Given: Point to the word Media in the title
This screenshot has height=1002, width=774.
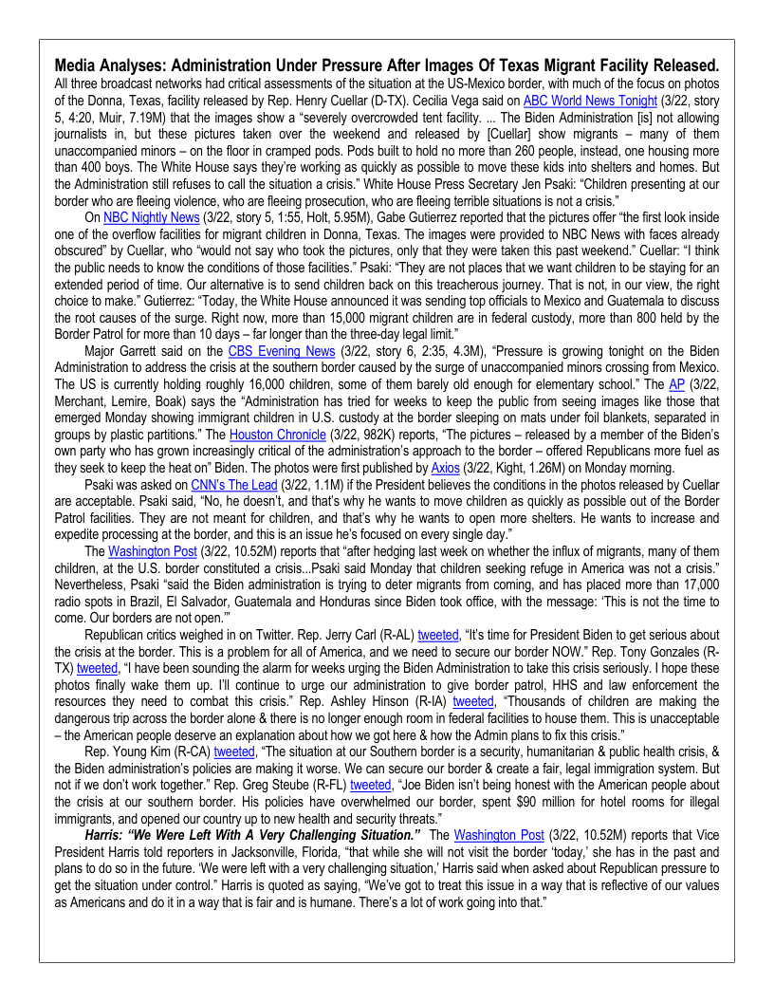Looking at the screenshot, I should coord(78,65).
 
